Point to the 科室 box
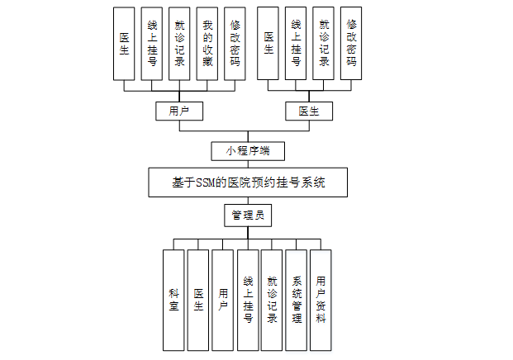pyautogui.click(x=173, y=299)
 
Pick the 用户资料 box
pyautogui.click(x=321, y=299)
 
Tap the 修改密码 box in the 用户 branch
pyautogui.click(x=235, y=42)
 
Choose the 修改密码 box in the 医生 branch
pyautogui.click(x=351, y=42)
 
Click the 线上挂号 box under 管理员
pyautogui.click(x=247, y=299)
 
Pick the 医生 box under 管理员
pyautogui.click(x=198, y=299)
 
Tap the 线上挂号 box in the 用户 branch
pyautogui.click(x=151, y=42)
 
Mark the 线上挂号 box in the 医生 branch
pyautogui.click(x=297, y=42)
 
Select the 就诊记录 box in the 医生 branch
pyautogui.click(x=324, y=42)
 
